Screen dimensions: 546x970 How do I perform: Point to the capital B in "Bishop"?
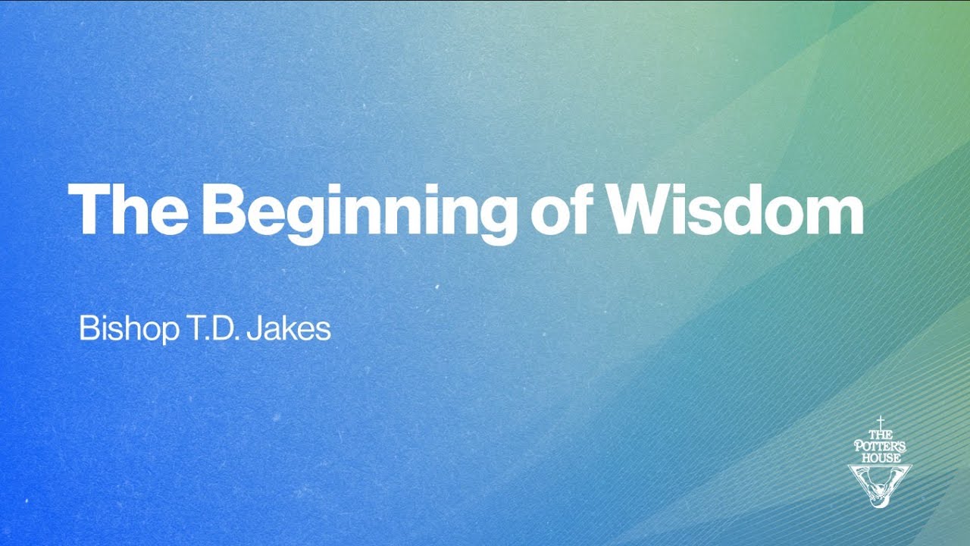[88, 330]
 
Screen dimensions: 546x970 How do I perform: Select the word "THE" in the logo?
[880, 435]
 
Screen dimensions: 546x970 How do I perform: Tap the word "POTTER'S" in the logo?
[880, 447]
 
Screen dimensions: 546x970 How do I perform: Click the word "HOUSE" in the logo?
[880, 458]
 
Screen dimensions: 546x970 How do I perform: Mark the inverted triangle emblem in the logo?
[880, 485]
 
